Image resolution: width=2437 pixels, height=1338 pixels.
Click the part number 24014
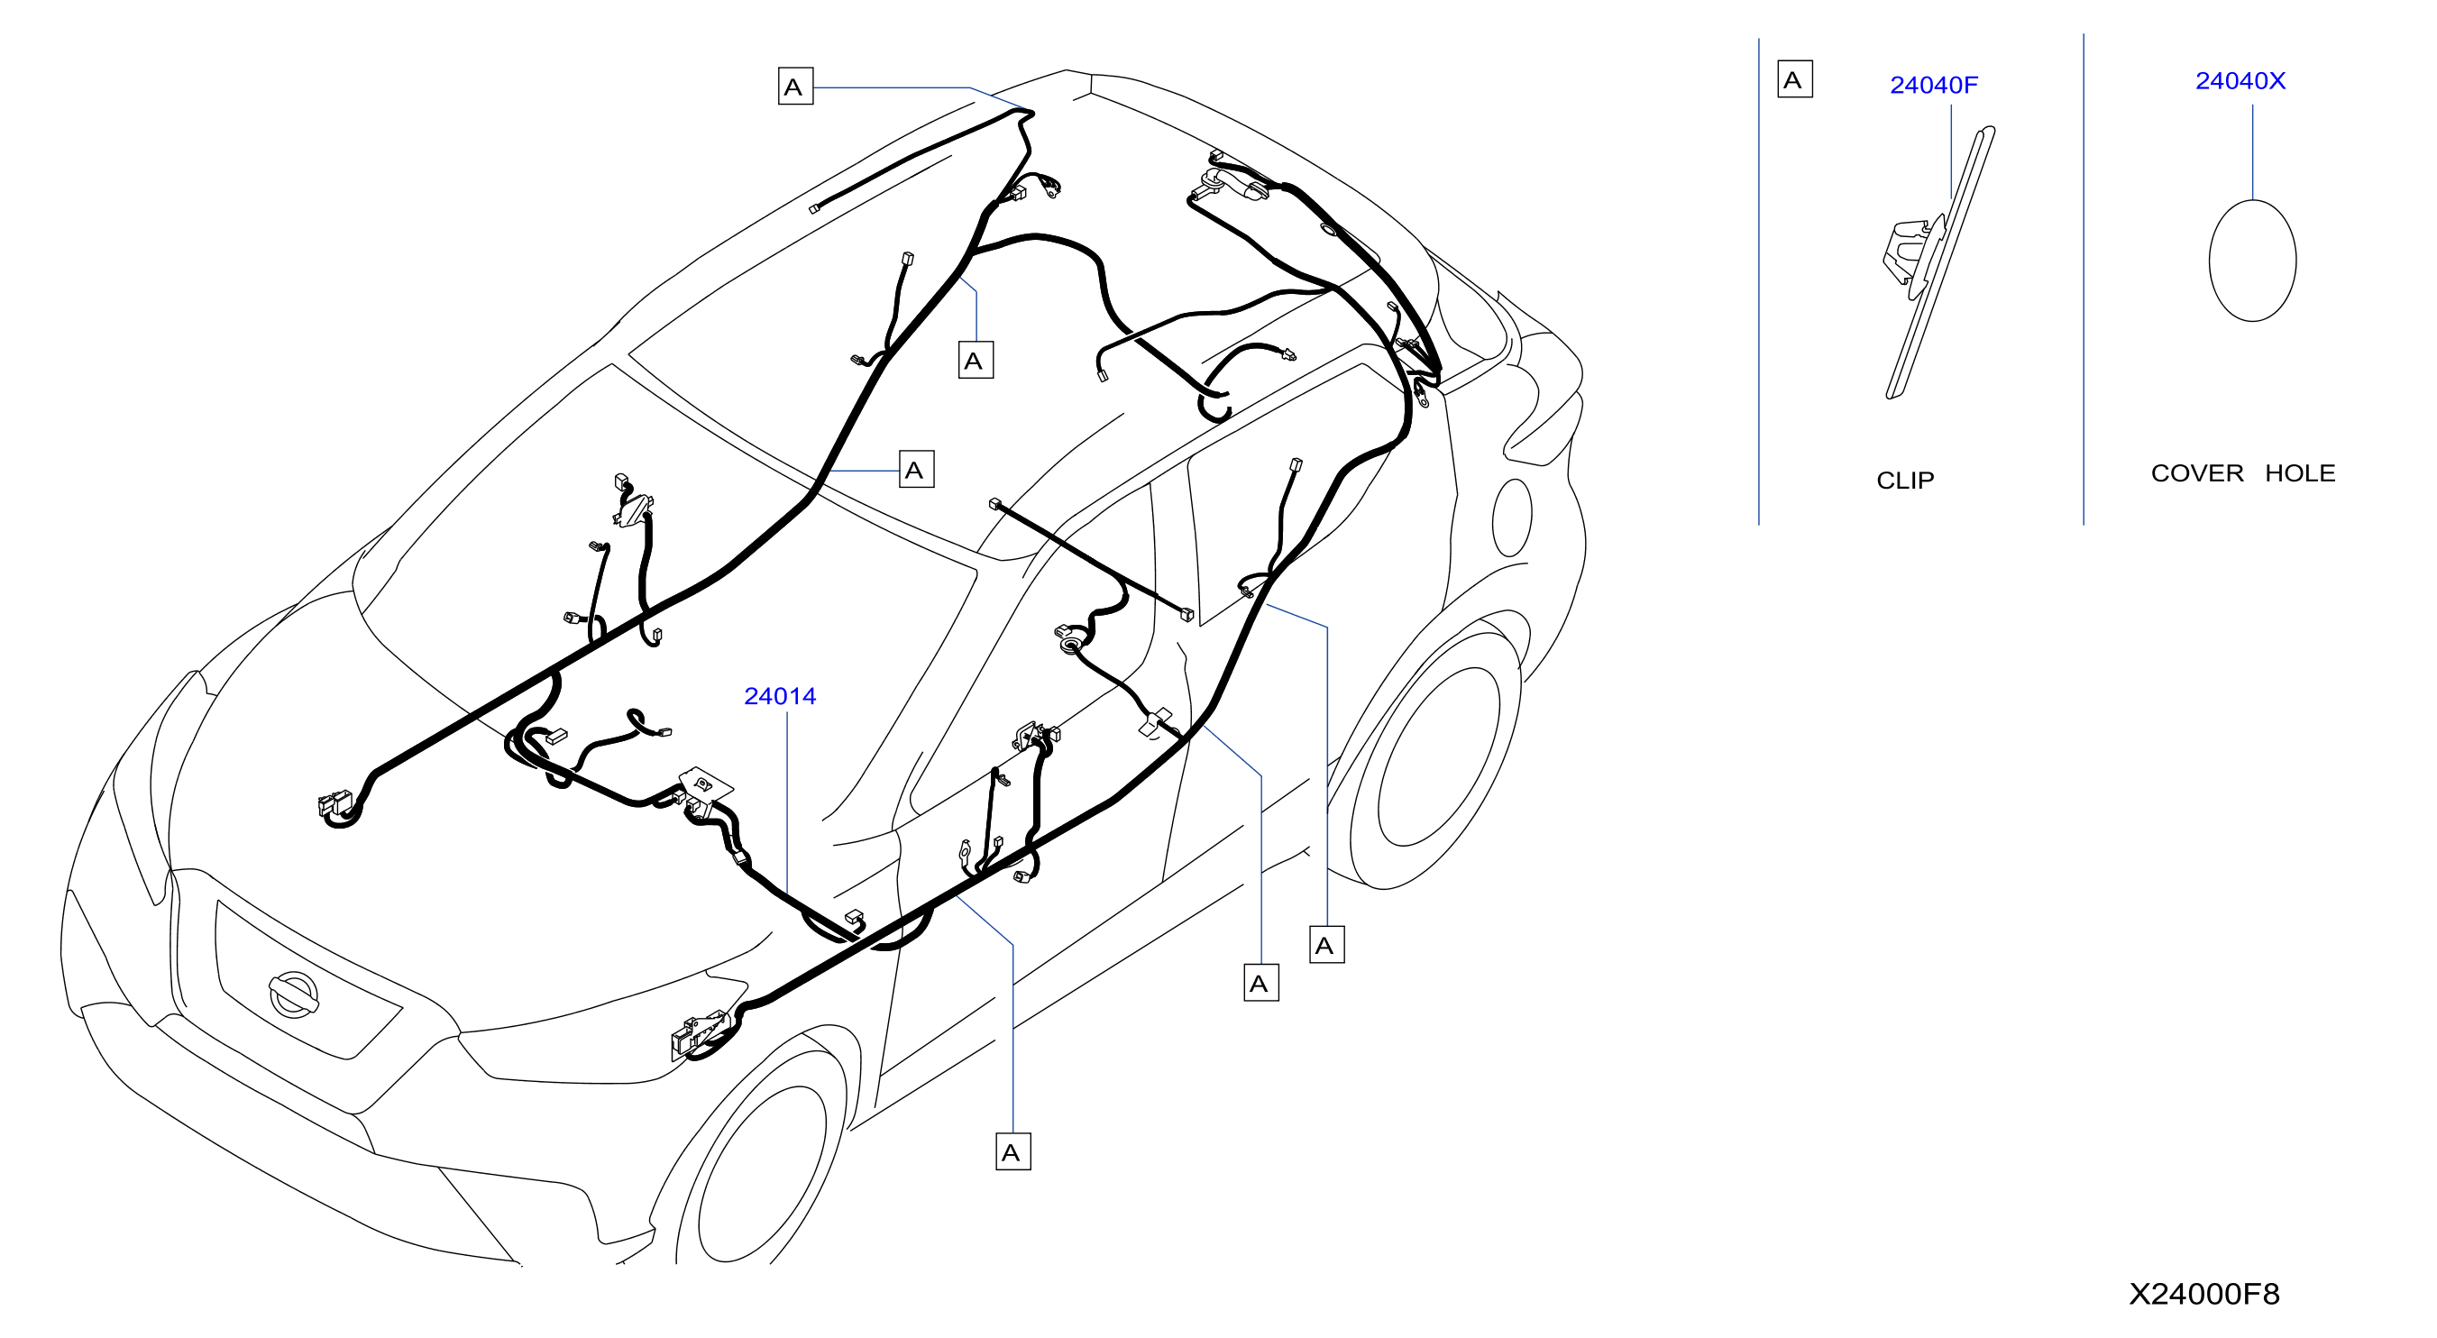point(780,695)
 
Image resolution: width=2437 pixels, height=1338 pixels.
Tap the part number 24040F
point(1934,85)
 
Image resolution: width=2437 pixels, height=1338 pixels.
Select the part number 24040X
point(2240,80)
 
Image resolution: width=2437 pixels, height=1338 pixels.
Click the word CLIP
point(1905,480)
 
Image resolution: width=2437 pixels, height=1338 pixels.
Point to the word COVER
point(2196,473)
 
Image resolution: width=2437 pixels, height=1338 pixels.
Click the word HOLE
point(2300,473)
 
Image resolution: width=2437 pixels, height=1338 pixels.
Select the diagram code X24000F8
point(2204,1294)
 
